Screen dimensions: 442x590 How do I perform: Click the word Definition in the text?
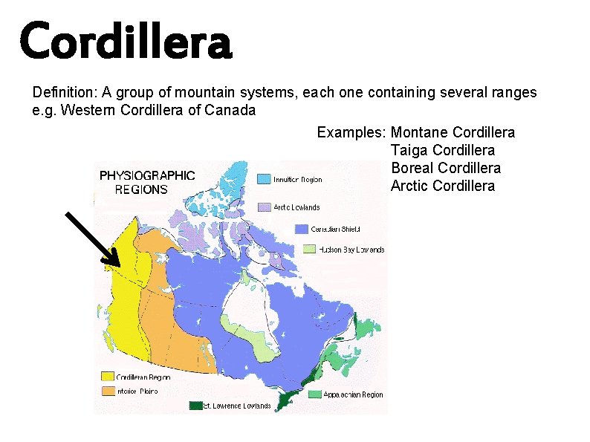tap(64, 93)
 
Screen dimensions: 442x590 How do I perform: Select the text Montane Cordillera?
tap(453, 133)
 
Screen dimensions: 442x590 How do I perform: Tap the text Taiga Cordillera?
tap(442, 151)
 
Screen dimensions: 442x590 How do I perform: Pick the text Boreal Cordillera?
tap(445, 169)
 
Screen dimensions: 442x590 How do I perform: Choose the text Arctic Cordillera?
tap(442, 186)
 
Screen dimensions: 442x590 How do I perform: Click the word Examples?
tap(350, 133)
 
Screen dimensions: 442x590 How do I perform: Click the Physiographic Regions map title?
tap(147, 182)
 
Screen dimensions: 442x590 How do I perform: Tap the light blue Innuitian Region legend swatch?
tap(264, 179)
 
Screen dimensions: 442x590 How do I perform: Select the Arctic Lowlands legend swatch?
tap(264, 207)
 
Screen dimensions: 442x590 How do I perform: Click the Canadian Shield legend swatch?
tap(301, 228)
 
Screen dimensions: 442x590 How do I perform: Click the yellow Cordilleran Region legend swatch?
tap(108, 377)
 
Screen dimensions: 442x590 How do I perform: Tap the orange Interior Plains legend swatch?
tap(108, 391)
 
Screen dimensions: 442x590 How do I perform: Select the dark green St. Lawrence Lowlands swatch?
tap(195, 406)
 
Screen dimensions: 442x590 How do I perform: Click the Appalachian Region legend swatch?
tap(315, 394)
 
